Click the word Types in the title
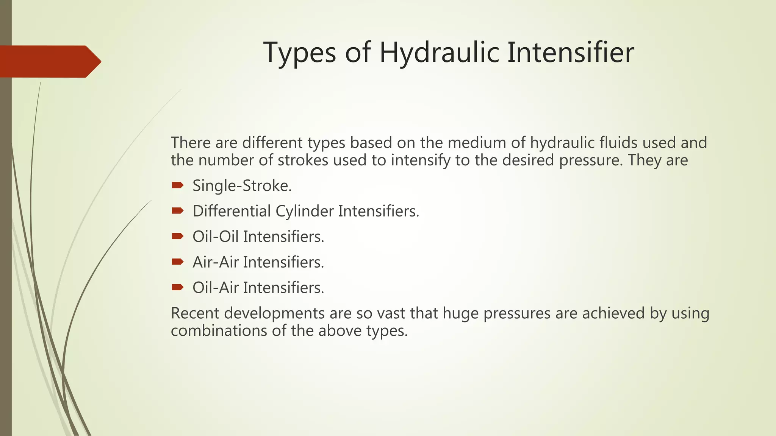(299, 53)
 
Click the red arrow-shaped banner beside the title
(49, 61)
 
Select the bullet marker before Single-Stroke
(177, 185)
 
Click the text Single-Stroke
(242, 186)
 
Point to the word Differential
(232, 211)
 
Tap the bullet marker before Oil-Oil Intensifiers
(177, 236)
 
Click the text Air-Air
(215, 262)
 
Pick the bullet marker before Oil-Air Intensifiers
(177, 287)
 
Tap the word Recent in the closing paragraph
(195, 313)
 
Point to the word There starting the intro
(191, 143)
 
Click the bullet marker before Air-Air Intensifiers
(177, 262)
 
